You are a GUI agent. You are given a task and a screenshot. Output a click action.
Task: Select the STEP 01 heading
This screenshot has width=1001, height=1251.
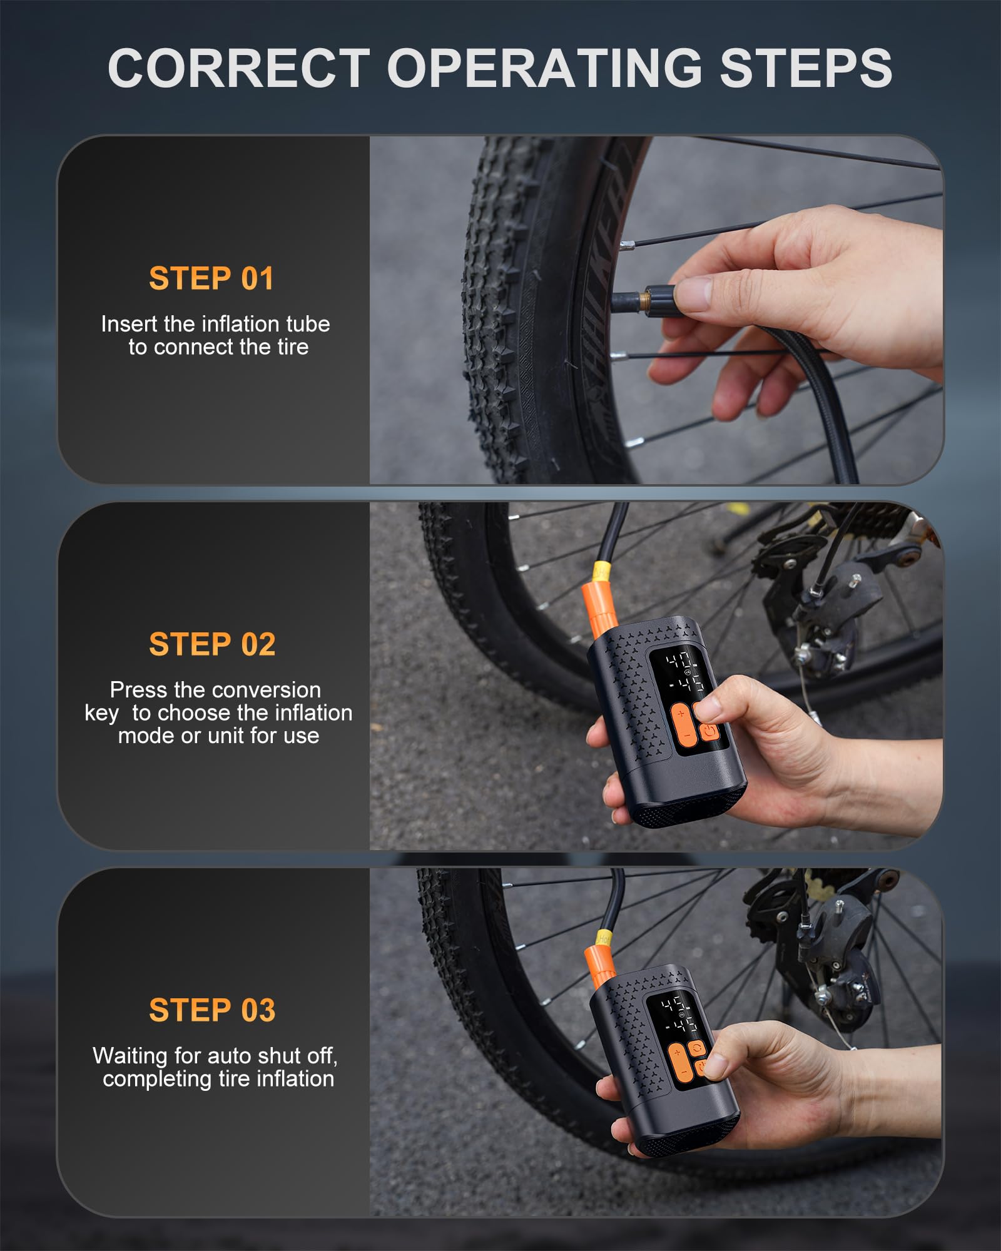coord(211,279)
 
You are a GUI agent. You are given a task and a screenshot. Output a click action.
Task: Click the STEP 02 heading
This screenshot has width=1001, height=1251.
coord(212,645)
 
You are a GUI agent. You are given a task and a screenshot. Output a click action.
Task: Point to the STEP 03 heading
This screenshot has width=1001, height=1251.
coord(212,1011)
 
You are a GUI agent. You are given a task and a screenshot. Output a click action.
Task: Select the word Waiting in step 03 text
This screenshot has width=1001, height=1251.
coord(130,1056)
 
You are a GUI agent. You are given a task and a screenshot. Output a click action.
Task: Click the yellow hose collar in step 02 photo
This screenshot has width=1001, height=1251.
coord(601,570)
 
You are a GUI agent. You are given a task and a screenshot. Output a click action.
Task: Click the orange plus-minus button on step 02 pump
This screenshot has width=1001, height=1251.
coord(683,724)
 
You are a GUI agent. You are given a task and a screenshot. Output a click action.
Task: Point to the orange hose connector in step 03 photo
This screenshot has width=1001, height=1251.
coord(599,966)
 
